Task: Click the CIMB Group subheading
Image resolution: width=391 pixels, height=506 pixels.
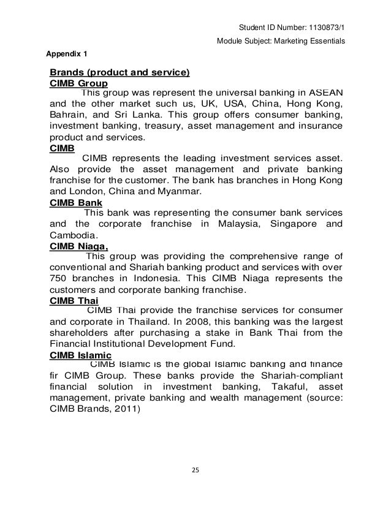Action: click(78, 83)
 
